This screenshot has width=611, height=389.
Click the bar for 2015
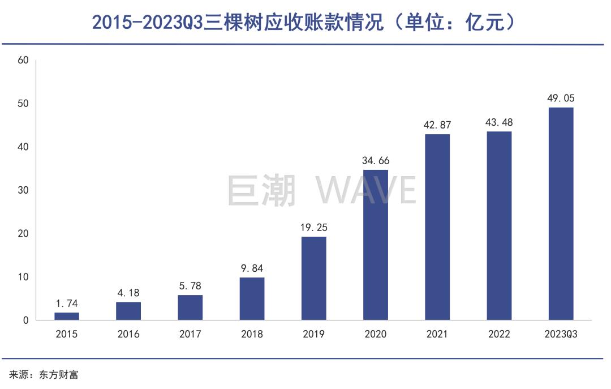(67, 316)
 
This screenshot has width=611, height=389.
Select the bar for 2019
(313, 278)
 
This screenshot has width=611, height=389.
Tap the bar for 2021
(437, 226)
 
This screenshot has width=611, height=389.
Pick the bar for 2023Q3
(561, 213)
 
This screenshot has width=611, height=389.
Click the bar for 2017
(190, 307)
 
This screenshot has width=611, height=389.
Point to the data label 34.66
(376, 161)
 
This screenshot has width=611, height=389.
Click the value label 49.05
(561, 99)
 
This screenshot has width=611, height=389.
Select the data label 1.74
(67, 303)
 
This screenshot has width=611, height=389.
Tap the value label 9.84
(252, 268)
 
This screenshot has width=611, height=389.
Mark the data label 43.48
(499, 123)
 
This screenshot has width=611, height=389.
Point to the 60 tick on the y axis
(23, 60)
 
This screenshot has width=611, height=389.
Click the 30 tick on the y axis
(23, 190)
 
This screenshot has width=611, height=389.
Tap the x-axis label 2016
(128, 334)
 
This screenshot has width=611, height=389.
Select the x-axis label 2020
(376, 334)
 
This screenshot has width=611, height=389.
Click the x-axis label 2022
(499, 334)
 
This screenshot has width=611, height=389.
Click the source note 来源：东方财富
(43, 375)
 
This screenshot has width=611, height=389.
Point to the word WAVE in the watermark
(366, 190)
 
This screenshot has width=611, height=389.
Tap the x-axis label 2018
(252, 334)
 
